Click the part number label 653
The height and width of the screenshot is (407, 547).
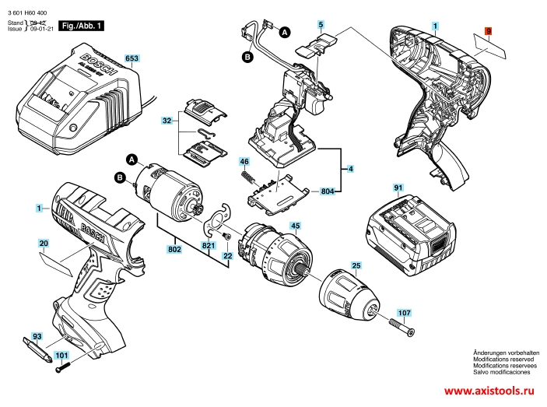pos(131,58)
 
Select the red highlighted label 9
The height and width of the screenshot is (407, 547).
pos(489,31)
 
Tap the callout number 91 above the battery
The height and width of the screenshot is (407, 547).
pos(398,188)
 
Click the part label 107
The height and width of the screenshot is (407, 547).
pos(405,313)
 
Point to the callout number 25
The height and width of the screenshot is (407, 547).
pos(356,265)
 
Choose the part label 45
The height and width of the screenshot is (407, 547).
pos(296,226)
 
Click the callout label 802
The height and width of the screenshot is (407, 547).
pos(174,249)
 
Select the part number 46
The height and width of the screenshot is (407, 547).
pos(244,161)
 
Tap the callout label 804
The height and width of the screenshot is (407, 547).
pos(328,191)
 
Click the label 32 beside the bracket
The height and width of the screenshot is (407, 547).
pos(167,121)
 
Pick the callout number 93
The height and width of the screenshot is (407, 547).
pos(37,336)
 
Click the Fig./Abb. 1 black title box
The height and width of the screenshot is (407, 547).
pos(81,26)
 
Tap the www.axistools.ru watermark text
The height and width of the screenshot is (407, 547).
pos(489,391)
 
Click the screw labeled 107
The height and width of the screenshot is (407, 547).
pos(401,328)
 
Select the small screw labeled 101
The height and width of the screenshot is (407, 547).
pos(63,367)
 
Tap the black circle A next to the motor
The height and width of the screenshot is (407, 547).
pos(131,160)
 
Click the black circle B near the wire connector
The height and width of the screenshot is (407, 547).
pos(247,57)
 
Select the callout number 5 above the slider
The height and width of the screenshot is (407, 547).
pos(321,24)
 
